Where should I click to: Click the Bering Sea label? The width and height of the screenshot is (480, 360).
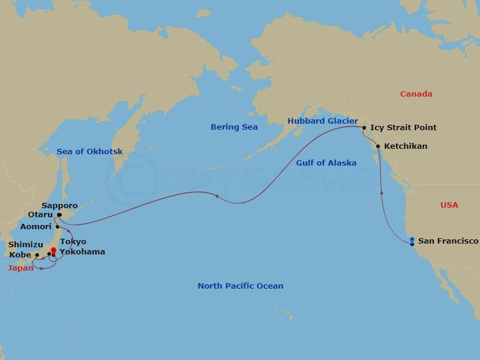(234, 127)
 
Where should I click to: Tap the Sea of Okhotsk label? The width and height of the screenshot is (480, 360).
(89, 152)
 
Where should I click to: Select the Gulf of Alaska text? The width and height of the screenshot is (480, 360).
(326, 163)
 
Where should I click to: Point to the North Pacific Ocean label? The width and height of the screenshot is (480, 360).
(241, 286)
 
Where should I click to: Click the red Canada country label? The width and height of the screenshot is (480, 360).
(416, 94)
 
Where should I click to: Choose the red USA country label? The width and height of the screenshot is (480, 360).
(449, 205)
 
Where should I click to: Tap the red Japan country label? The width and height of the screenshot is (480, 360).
(20, 268)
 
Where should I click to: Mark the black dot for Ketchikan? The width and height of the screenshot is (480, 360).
(378, 146)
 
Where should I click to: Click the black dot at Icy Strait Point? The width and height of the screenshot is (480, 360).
(364, 128)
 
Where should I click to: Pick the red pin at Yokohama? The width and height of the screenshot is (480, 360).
(53, 251)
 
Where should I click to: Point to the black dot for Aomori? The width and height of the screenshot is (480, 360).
(58, 227)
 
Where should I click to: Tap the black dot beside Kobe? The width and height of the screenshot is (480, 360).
(37, 255)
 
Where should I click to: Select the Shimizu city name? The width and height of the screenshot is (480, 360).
(25, 245)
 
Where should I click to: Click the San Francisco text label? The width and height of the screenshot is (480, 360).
(448, 241)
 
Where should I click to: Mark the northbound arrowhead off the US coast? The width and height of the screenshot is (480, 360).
(382, 192)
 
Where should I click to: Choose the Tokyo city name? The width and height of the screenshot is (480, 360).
(73, 242)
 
